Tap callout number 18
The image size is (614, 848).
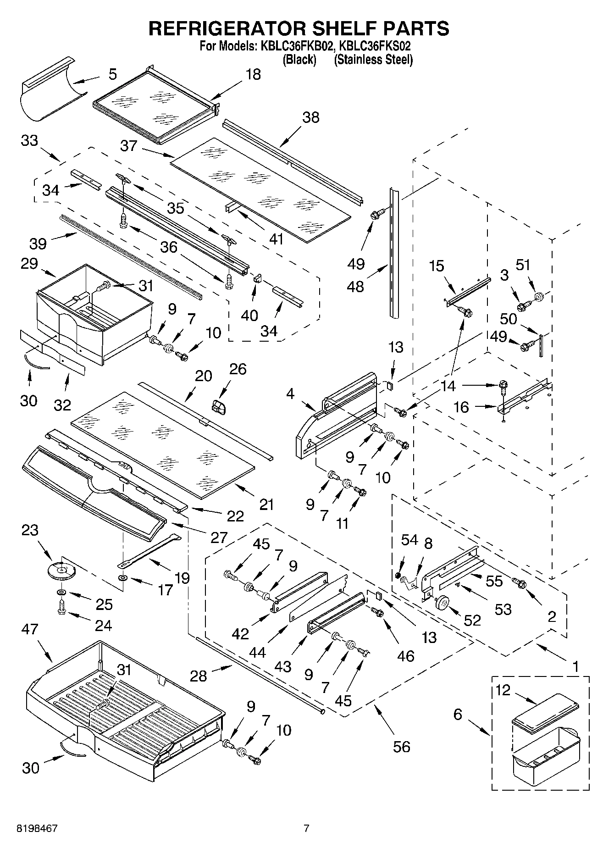click(253, 74)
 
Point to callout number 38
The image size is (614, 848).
click(310, 117)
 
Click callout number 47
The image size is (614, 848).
click(31, 629)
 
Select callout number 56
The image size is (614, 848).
click(402, 747)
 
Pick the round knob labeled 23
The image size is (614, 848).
click(60, 571)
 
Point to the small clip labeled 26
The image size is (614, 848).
click(219, 406)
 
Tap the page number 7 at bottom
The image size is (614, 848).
click(306, 829)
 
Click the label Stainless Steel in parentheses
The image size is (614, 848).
click(373, 60)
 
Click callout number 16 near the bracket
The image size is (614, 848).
click(461, 407)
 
